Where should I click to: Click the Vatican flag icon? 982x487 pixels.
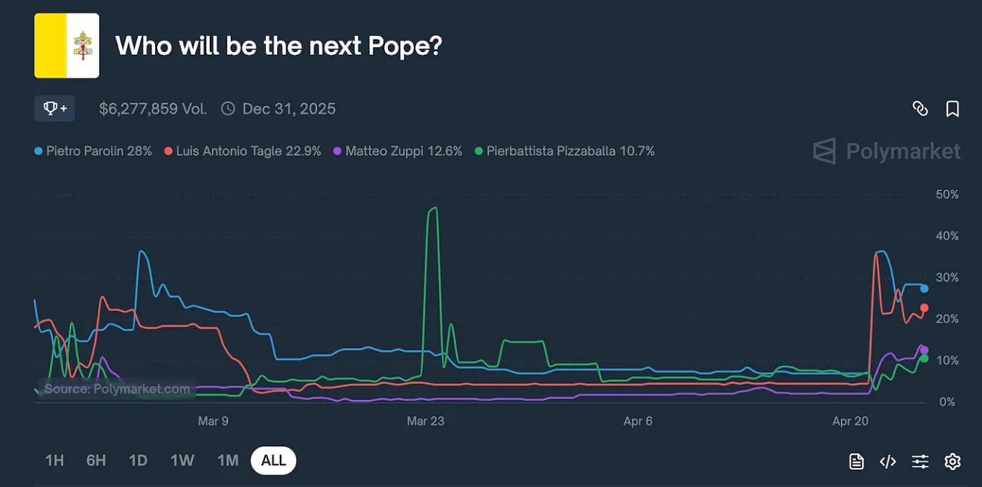click(x=67, y=46)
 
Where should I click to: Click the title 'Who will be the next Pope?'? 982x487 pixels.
click(x=278, y=46)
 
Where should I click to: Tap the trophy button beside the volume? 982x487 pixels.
click(x=55, y=109)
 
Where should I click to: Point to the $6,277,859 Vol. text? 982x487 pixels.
click(x=153, y=109)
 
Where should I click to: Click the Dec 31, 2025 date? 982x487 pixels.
click(x=288, y=109)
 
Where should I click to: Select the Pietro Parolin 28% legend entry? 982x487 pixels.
click(x=93, y=151)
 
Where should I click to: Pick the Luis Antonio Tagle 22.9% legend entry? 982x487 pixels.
click(x=243, y=151)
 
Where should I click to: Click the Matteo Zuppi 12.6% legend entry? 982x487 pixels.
click(x=398, y=151)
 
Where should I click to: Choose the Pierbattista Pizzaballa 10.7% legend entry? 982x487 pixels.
click(x=565, y=151)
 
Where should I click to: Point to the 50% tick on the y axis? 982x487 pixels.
click(x=947, y=194)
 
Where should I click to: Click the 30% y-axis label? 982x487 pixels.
click(x=947, y=278)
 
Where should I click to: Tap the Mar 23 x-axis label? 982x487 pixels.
click(x=426, y=421)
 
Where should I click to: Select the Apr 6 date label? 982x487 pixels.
click(x=638, y=421)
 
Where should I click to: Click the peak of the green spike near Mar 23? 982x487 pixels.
click(x=434, y=208)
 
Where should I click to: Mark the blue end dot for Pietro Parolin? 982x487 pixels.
click(x=924, y=288)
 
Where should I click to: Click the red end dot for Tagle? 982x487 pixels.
click(x=924, y=308)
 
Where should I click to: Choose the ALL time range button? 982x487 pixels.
click(x=273, y=460)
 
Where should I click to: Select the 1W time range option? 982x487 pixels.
click(x=182, y=460)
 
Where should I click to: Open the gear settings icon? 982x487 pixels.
click(x=952, y=461)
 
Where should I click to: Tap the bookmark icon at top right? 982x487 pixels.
click(x=952, y=109)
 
